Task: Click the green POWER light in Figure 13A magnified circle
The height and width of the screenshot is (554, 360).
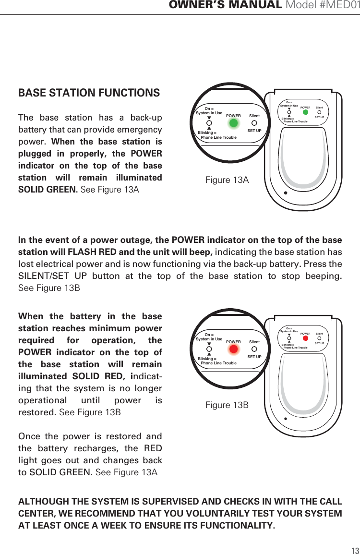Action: click(233, 122)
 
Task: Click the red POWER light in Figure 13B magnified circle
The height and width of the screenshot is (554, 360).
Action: click(233, 349)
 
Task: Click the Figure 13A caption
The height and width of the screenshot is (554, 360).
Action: click(227, 180)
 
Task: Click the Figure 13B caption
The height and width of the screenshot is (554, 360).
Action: click(227, 405)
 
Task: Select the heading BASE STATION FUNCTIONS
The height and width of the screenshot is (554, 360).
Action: click(89, 93)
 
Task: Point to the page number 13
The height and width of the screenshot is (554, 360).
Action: click(355, 550)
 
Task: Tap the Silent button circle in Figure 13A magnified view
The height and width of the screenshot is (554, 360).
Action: click(254, 123)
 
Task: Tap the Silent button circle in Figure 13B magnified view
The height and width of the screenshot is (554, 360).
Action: click(254, 349)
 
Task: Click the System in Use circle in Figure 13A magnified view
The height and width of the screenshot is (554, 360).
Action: click(209, 123)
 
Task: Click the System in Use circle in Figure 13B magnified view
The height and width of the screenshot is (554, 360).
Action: click(209, 349)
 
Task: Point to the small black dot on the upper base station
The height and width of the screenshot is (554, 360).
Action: click(285, 193)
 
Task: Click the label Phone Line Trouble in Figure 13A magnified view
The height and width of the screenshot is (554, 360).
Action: click(218, 138)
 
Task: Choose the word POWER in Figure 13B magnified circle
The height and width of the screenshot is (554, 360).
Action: click(233, 342)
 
